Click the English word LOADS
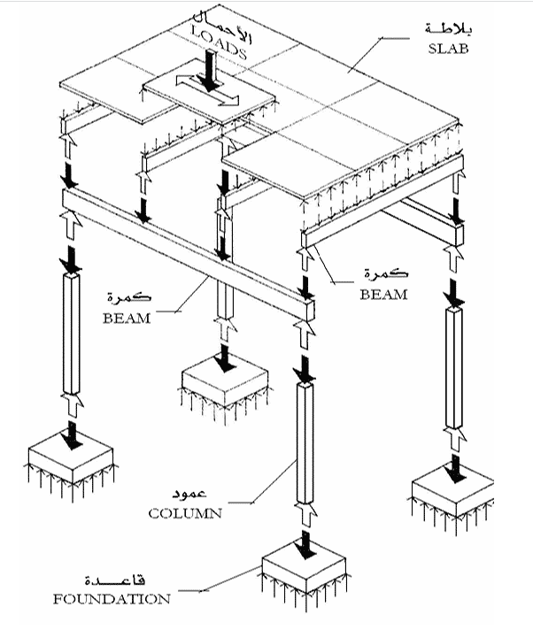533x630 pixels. coord(219,42)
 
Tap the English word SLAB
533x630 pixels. coord(449,49)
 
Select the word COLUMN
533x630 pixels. coord(185,513)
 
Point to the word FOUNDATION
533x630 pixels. coord(112,599)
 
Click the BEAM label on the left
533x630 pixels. coord(127,319)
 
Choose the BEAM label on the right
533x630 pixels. coord(384,295)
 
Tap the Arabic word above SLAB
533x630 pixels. coord(449,28)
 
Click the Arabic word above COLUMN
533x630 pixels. coord(189,494)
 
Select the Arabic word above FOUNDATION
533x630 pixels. coord(115,580)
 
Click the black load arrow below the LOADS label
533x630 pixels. coord(209,70)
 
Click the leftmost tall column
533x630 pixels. coord(72,334)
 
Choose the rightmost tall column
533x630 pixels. coord(454,368)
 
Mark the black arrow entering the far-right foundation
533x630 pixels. coord(456,468)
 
